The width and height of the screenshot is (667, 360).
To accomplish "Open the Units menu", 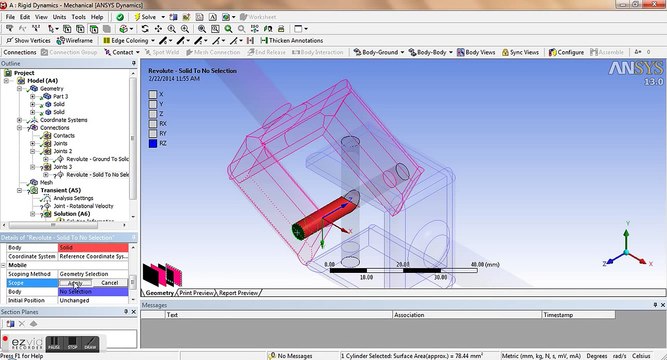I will click(60, 17).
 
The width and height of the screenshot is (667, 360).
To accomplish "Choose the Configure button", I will click(570, 52).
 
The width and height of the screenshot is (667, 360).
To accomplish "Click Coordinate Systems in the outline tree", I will click(59, 120).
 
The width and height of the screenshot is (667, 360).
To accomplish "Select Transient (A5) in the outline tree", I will click(46, 190).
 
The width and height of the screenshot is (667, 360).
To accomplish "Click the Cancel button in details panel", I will click(110, 283).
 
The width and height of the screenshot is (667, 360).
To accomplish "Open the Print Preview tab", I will click(197, 293).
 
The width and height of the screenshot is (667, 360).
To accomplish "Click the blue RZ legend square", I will click(151, 143).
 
